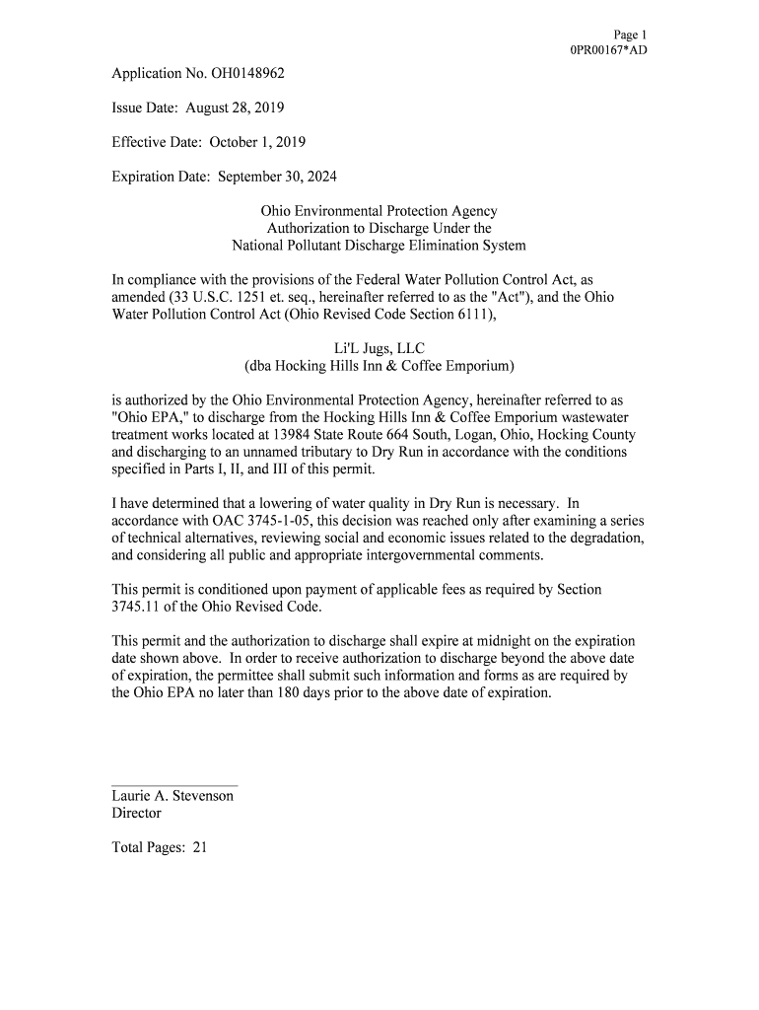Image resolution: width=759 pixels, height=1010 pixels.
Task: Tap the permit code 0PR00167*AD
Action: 609,50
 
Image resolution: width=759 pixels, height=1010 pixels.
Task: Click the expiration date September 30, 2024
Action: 283,177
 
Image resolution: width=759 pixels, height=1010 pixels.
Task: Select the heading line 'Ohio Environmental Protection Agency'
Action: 379,211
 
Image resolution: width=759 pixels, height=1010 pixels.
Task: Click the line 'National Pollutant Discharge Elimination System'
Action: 379,246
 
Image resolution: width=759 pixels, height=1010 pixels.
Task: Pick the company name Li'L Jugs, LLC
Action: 379,348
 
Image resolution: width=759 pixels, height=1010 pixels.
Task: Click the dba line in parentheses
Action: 379,366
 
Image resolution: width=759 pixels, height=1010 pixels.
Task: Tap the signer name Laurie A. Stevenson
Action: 172,796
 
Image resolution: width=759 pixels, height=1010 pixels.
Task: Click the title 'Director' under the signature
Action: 136,814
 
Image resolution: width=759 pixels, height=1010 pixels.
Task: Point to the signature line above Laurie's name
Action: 174,786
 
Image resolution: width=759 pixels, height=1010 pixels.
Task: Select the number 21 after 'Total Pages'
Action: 199,847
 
